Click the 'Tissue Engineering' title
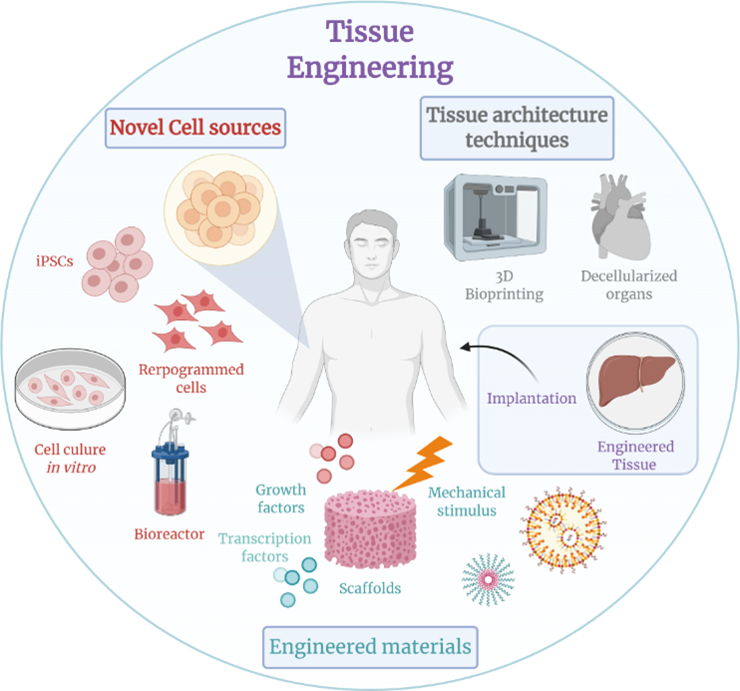coord(369,47)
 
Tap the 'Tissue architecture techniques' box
coord(516,127)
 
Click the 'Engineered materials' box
coord(370,646)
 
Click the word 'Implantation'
coord(532,398)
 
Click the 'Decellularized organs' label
coord(629,284)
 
